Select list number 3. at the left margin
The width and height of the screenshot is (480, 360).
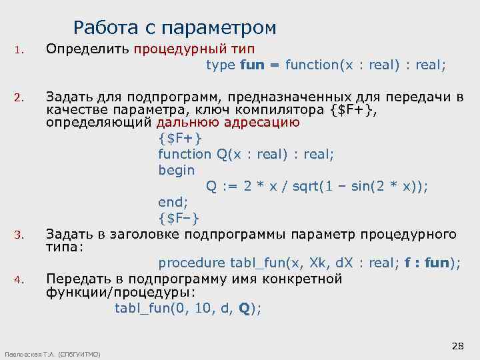pos(19,235)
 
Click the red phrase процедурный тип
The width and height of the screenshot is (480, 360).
pos(194,49)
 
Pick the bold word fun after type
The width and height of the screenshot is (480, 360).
pos(251,65)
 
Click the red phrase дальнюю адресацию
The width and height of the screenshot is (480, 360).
pos(227,123)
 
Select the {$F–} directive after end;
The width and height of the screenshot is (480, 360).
pos(179,218)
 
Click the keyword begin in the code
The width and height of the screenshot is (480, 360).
pos(176,170)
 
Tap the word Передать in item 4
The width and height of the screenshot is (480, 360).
pos(73,279)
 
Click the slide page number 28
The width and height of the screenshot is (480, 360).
pos(457,345)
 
